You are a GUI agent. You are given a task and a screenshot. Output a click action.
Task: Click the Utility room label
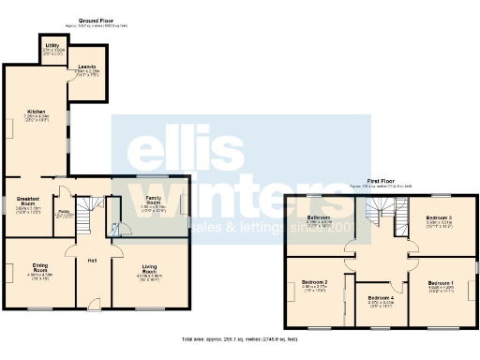pyautogui.click(x=52, y=44)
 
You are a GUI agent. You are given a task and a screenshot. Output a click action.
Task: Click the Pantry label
pyautogui.click(x=65, y=212)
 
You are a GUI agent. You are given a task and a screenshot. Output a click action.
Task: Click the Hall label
pyautogui.click(x=93, y=260)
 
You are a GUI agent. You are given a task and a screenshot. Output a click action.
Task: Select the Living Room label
pyautogui.click(x=150, y=270)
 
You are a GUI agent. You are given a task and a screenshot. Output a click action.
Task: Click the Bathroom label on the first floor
pyautogui.click(x=320, y=219)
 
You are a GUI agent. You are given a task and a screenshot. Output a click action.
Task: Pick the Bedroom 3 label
pyautogui.click(x=439, y=219)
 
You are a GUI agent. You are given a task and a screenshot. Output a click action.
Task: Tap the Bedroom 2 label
pyautogui.click(x=314, y=282)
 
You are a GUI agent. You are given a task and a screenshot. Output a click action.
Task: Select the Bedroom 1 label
pyautogui.click(x=441, y=282)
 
